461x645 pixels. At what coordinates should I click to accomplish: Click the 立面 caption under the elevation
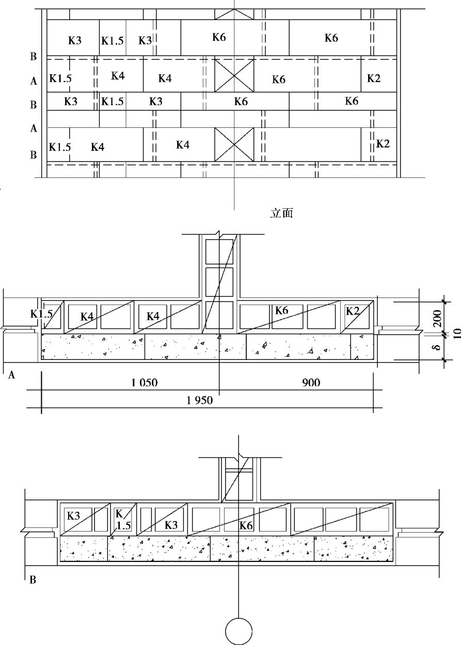[x=281, y=213]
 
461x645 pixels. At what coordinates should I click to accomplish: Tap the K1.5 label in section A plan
[x=41, y=313]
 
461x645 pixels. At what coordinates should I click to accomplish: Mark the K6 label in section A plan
[x=281, y=310]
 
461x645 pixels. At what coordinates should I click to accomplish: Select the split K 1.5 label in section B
[x=120, y=519]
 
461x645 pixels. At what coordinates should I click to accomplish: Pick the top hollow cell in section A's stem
[x=219, y=251]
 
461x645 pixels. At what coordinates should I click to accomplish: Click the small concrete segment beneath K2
[x=362, y=346]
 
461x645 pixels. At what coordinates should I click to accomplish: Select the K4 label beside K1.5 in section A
[x=87, y=317]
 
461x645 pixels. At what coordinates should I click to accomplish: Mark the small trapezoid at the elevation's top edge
[x=234, y=14]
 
